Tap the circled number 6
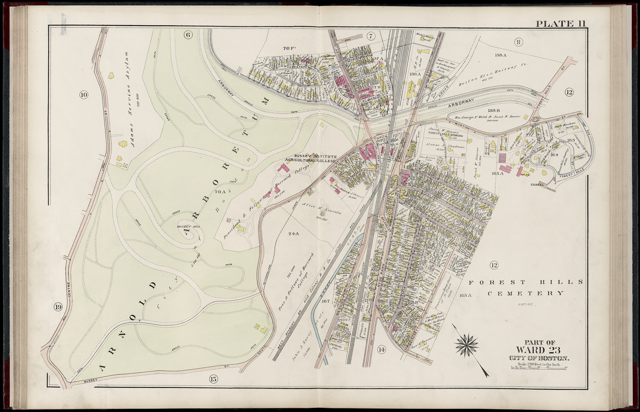pos(187,35)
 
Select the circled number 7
pos(370,36)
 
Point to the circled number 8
pos(518,42)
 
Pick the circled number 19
pos(58,307)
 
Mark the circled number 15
pos(214,380)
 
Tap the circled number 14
pos(381,350)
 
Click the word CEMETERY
pos(526,293)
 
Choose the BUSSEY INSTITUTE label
pos(315,157)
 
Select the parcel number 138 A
pos(500,55)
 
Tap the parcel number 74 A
pos(293,234)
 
